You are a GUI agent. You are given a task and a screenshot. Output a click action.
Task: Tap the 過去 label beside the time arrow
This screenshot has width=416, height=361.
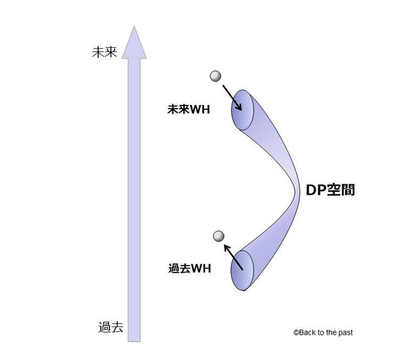(111, 326)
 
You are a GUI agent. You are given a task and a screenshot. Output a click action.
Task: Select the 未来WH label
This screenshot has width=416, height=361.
(187, 110)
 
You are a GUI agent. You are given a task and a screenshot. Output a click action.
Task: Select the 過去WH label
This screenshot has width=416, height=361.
(189, 269)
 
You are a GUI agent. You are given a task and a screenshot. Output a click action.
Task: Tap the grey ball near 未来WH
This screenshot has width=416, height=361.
(215, 77)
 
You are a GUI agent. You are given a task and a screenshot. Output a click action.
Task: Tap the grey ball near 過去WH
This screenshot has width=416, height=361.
(218, 236)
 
